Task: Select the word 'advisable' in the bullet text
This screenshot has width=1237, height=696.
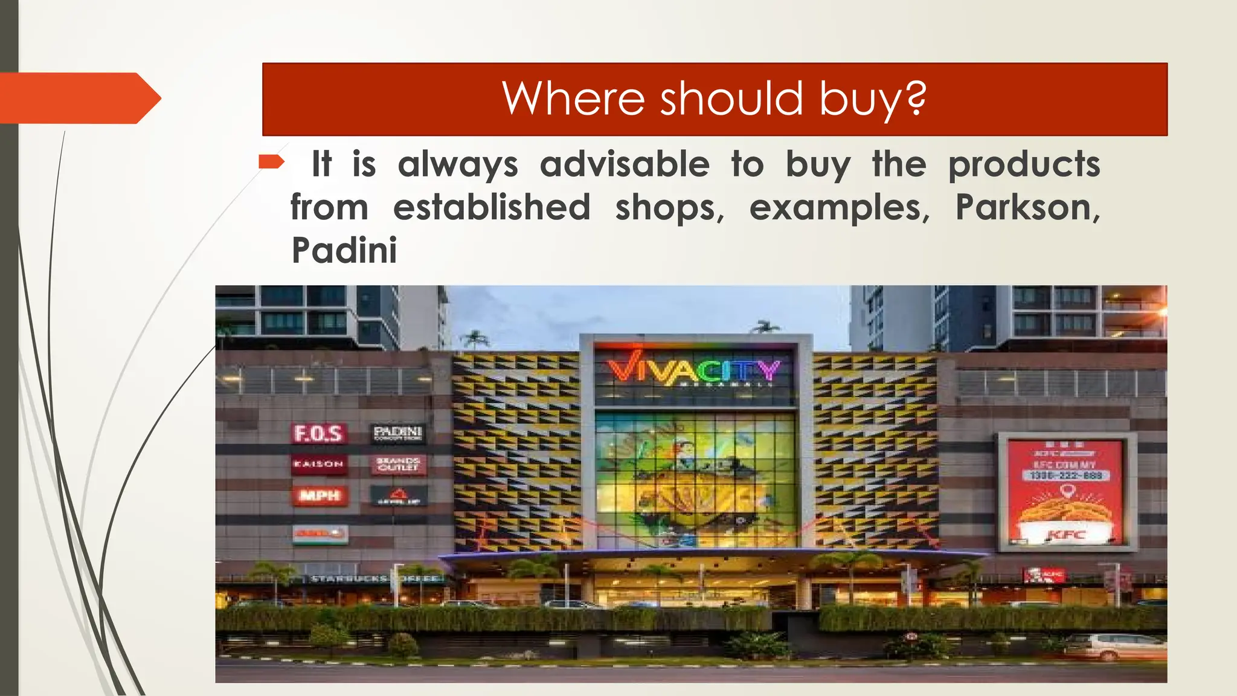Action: pos(625,164)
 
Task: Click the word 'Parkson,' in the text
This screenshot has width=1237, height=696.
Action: pos(1027,208)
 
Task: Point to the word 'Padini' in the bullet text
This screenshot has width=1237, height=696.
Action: pos(344,251)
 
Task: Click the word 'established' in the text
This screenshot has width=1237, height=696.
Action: pos(492,208)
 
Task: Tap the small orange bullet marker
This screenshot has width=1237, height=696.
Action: pos(271,161)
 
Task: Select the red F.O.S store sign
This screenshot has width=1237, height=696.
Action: pos(318,433)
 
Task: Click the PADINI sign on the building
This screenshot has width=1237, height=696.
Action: pos(397,433)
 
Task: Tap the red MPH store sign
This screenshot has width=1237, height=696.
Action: pos(320,496)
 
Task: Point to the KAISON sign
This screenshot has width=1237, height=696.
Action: pos(318,464)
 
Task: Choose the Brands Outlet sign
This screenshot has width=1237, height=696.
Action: pos(397,464)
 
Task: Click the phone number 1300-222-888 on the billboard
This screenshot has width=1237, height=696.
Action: pos(1066,475)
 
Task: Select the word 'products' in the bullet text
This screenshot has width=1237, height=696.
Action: pos(1024,164)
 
